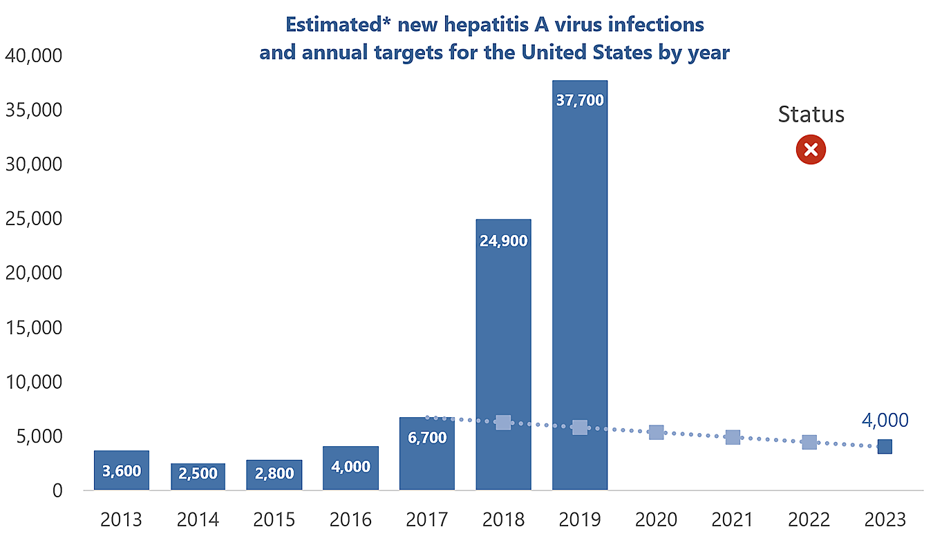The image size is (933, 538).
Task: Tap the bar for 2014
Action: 198,477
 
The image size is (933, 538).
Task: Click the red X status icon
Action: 811,150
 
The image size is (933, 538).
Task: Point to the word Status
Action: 811,114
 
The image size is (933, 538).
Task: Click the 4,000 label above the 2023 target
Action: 885,420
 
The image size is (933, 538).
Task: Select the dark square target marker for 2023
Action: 885,446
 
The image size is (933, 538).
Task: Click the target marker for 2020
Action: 656,432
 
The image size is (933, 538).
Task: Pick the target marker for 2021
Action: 733,437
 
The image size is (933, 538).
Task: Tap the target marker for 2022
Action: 809,442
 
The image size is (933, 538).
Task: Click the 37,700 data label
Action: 579,101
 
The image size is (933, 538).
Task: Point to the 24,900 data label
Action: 503,241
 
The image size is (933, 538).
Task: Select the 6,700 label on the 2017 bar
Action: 427,437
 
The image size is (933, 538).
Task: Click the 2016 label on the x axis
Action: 350,519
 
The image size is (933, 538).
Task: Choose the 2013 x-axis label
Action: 122,519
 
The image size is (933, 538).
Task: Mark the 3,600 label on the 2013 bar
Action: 122,471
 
